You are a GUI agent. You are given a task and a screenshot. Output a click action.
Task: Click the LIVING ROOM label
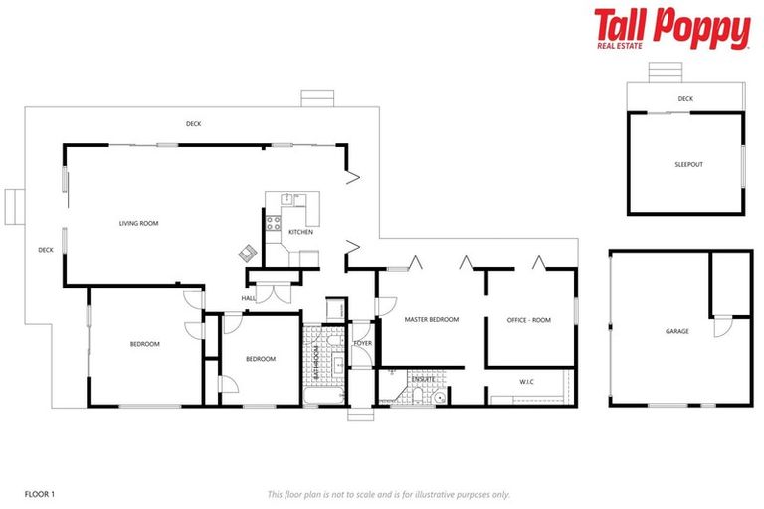139,224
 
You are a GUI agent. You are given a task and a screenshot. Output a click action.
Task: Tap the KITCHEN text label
300,232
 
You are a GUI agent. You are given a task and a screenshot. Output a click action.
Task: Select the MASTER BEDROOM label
432,319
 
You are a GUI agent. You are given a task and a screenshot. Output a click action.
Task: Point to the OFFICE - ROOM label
528,320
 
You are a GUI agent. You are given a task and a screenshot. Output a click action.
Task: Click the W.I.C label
528,381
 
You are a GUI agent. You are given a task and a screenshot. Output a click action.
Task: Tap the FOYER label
362,343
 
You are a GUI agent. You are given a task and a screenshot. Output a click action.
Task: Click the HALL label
249,298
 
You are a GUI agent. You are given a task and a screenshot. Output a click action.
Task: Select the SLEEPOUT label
688,164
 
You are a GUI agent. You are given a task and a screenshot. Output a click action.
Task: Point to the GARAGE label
676,331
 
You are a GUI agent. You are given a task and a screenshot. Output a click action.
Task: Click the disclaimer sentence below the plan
389,494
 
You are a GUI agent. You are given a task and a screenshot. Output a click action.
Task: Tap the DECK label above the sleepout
684,99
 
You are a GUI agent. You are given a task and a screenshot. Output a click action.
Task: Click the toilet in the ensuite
439,397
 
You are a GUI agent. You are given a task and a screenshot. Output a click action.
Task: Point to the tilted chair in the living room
247,253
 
